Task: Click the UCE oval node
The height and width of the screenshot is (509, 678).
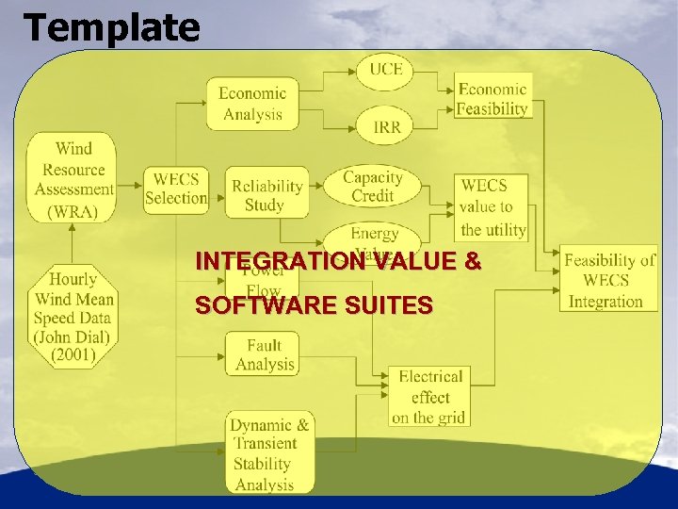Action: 384,71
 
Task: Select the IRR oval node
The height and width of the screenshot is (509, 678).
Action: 384,126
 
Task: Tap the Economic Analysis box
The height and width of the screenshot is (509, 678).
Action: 251,103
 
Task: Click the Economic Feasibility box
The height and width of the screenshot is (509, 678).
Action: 492,98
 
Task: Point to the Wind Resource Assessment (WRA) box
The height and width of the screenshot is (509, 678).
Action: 73,179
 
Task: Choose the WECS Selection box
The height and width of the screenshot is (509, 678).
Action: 175,188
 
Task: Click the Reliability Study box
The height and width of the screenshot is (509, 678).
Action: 266,193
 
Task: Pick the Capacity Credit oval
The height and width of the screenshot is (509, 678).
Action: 372,187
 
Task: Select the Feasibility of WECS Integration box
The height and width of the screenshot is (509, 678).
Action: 608,280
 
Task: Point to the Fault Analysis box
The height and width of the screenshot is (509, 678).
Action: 264,354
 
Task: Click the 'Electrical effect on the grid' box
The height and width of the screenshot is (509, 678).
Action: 429,397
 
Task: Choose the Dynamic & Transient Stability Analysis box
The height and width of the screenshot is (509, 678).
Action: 270,453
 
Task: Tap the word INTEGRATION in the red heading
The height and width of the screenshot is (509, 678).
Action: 278,261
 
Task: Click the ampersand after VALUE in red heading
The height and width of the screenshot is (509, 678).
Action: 472,261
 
